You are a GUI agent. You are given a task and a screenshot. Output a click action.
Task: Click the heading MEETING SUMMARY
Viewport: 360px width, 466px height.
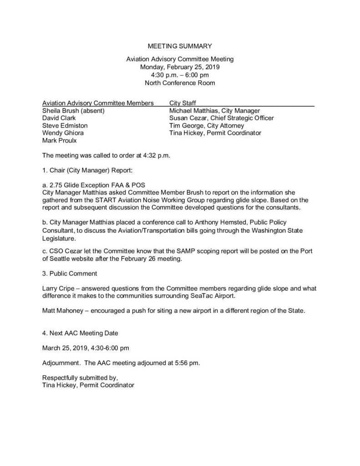click(180, 46)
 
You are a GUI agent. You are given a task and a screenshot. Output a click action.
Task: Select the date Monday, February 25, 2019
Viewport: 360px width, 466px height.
click(180, 66)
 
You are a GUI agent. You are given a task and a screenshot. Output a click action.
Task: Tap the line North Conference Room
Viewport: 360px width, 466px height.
click(180, 82)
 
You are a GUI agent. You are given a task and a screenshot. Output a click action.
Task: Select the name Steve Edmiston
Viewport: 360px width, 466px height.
click(65, 125)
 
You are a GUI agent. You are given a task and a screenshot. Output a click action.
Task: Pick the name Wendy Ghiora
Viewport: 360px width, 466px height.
click(63, 133)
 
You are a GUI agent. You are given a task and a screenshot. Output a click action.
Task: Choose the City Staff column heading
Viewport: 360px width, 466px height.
click(183, 103)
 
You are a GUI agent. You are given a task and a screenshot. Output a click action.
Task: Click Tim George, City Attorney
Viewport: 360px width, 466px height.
click(207, 125)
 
